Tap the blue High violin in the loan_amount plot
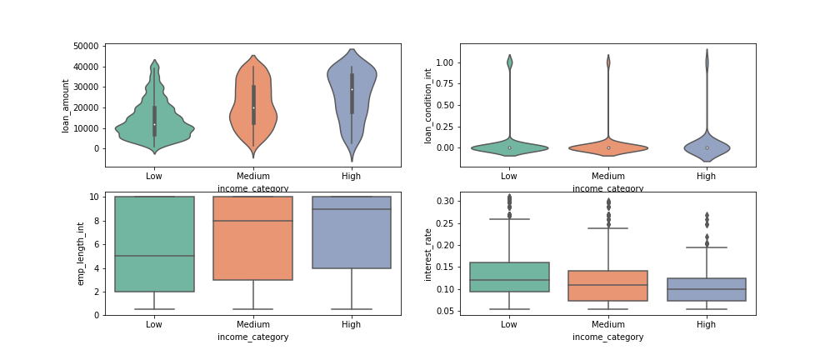tap(352, 83)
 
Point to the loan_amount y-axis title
tap(66, 105)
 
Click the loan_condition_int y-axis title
tap(428, 106)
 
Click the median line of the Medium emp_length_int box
tap(253, 221)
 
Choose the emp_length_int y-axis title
tap(81, 253)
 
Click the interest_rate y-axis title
tap(428, 253)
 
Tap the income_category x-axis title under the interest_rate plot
tap(607, 337)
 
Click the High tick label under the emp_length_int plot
tap(352, 324)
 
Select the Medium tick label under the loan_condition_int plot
tap(607, 176)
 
